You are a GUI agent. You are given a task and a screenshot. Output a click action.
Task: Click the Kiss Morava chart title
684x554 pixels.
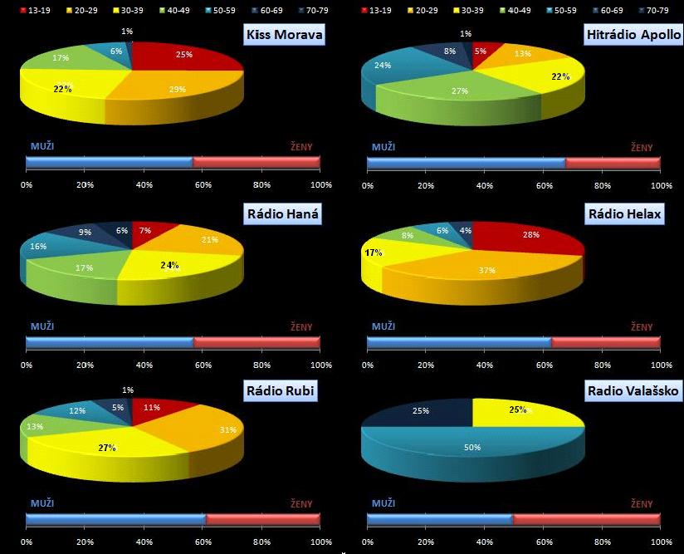click(283, 35)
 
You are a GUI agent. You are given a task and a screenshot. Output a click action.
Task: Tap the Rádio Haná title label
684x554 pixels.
click(283, 214)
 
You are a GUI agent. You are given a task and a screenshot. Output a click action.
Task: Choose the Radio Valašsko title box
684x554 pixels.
click(633, 390)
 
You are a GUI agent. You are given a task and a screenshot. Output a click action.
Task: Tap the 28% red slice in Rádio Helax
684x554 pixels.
click(531, 237)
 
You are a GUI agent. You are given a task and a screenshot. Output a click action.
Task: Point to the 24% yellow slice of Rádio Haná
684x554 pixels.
click(170, 266)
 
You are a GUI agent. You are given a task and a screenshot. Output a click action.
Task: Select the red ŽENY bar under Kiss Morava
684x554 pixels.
click(256, 162)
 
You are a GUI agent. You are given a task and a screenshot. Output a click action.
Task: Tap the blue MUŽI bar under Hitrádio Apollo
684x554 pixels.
click(466, 163)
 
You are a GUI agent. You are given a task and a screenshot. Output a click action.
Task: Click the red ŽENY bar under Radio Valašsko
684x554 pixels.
click(586, 519)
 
